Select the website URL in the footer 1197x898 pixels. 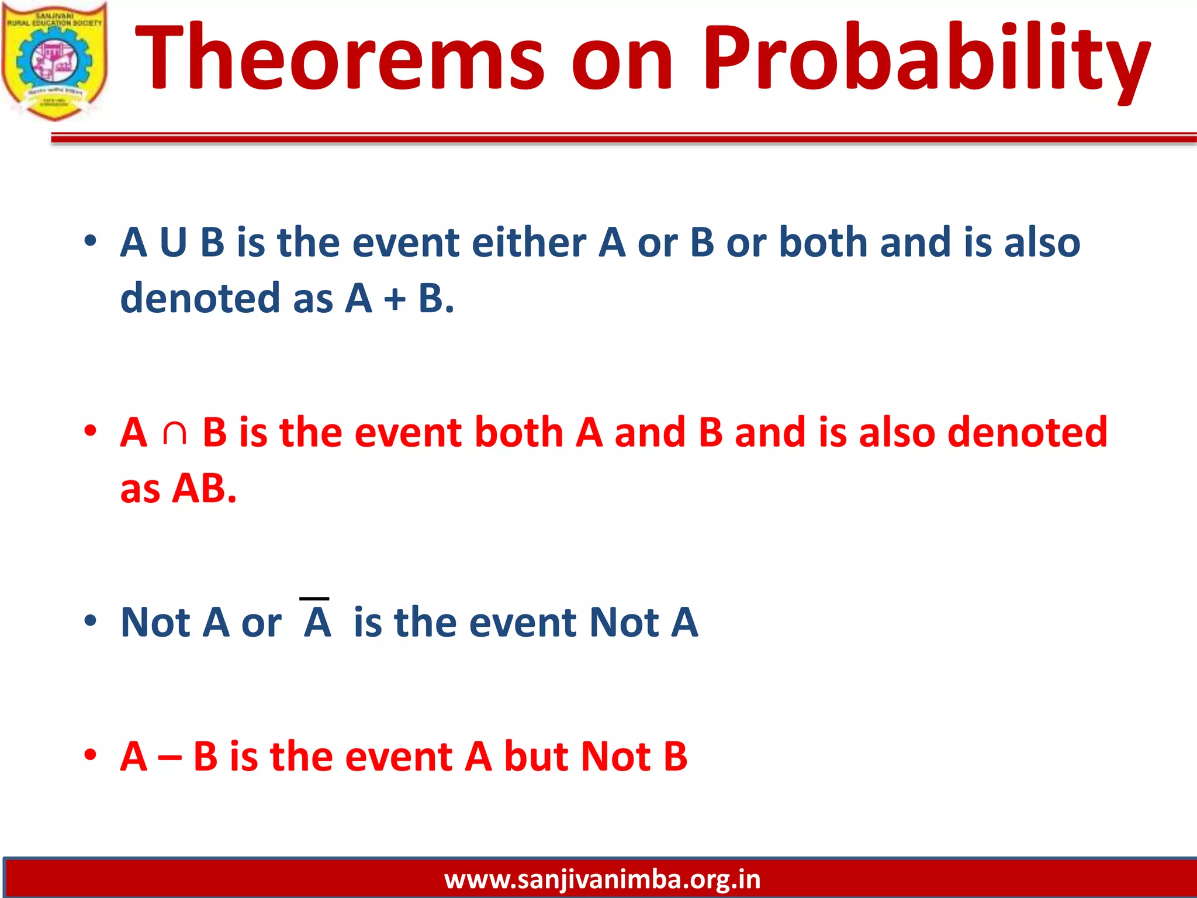[x=602, y=879]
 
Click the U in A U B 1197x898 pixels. [x=173, y=243]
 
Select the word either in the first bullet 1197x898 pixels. [x=529, y=243]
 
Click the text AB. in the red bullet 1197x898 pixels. [x=204, y=488]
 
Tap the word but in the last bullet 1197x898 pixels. [x=536, y=756]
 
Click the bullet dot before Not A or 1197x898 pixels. [x=90, y=621]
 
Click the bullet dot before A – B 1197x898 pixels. [x=90, y=755]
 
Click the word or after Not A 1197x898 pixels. [x=261, y=623]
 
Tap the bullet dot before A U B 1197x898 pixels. [x=90, y=241]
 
